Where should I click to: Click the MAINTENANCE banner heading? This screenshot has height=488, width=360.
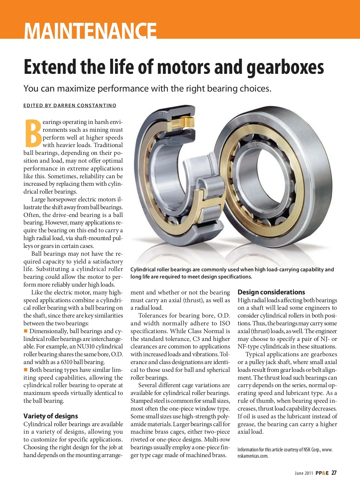tap(90, 30)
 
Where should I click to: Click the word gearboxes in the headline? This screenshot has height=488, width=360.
tap(285, 67)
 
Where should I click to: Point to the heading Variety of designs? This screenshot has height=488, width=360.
tap(51, 416)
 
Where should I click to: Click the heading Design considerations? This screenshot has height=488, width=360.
tap(271, 292)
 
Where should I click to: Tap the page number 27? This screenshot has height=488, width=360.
tap(334, 473)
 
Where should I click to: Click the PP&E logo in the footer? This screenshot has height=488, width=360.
tap(322, 473)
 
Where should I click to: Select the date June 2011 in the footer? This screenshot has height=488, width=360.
tap(304, 473)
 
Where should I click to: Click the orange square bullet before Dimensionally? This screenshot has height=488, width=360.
tap(26, 331)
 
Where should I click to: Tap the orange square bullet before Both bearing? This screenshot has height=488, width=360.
tap(26, 370)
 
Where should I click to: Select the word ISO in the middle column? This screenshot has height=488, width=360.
tap(225, 324)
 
